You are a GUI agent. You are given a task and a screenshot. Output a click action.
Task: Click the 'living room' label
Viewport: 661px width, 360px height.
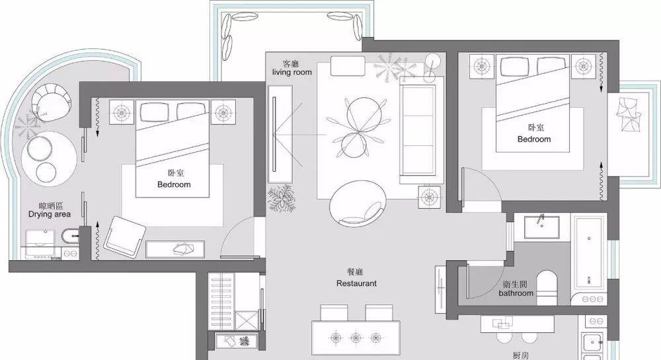coord(292,73)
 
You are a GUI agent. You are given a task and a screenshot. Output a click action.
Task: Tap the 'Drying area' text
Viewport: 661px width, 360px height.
coord(50,214)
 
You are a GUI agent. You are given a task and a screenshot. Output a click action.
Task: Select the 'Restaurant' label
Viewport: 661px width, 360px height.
coord(356,283)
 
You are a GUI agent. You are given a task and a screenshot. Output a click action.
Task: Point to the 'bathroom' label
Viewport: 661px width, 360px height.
coord(516,293)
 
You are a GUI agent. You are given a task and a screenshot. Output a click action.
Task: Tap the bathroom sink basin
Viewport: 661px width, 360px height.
coord(542,227)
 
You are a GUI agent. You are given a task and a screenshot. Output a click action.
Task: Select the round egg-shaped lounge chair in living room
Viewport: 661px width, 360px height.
coord(358,204)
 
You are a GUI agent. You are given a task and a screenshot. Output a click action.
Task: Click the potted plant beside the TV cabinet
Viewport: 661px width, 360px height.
coord(281,197)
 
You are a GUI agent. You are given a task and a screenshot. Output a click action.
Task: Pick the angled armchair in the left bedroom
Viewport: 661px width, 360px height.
coord(124,236)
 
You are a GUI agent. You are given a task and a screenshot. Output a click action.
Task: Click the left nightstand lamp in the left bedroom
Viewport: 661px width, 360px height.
coord(122,112)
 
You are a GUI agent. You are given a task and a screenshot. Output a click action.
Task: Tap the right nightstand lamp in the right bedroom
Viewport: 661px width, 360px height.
coord(584,66)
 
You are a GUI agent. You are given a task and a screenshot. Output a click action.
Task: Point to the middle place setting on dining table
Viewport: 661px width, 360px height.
coord(356,338)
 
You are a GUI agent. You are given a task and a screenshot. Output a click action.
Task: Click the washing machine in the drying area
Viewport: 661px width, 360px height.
coord(40,244)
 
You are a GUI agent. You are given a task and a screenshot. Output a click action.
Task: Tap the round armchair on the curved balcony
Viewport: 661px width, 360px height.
coord(52,102)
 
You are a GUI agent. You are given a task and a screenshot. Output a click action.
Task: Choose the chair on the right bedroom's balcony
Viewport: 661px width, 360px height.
coord(628,113)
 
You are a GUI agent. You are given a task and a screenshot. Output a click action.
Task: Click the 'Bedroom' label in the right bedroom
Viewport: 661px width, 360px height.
coord(534,139)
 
